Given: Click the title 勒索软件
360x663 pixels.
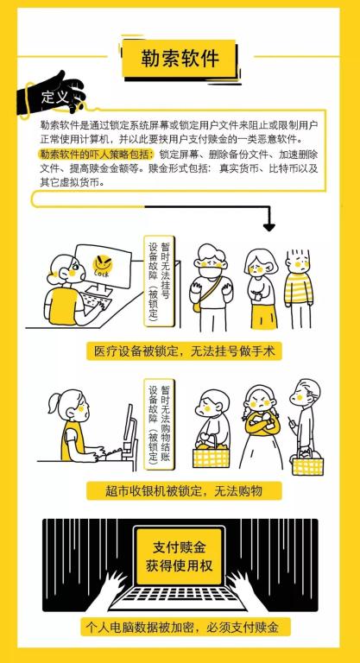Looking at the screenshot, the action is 180,59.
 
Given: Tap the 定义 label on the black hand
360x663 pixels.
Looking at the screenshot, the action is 54,98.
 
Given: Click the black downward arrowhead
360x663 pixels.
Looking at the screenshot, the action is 269,227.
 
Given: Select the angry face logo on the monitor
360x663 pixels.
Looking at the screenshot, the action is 103,266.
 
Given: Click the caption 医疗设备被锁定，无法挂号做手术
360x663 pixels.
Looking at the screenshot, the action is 184,351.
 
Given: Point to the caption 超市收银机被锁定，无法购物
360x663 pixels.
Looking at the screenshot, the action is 184,491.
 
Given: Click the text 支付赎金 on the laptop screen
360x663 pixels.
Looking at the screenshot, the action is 180,548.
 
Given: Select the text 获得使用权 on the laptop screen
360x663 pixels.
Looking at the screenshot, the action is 180,565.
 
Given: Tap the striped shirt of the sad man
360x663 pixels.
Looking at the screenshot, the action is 298,289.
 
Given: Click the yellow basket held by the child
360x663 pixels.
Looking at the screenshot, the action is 212,456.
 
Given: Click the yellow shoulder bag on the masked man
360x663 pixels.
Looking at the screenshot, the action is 196,306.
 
